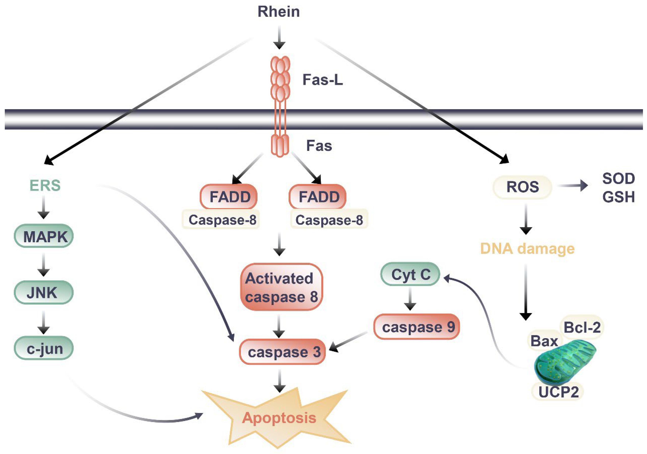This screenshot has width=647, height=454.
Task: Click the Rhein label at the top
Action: pyautogui.click(x=279, y=12)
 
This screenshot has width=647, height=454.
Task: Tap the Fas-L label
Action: pyautogui.click(x=323, y=80)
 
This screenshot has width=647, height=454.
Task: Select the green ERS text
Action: pyautogui.click(x=45, y=186)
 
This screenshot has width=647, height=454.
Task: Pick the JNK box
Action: pyautogui.click(x=43, y=292)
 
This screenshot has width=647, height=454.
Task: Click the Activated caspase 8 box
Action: pyautogui.click(x=281, y=287)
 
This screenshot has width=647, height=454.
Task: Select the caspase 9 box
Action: pyautogui.click(x=416, y=327)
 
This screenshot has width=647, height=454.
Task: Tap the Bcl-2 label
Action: pyautogui.click(x=582, y=327)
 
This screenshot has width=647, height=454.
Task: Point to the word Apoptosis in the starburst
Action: pyautogui.click(x=279, y=418)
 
